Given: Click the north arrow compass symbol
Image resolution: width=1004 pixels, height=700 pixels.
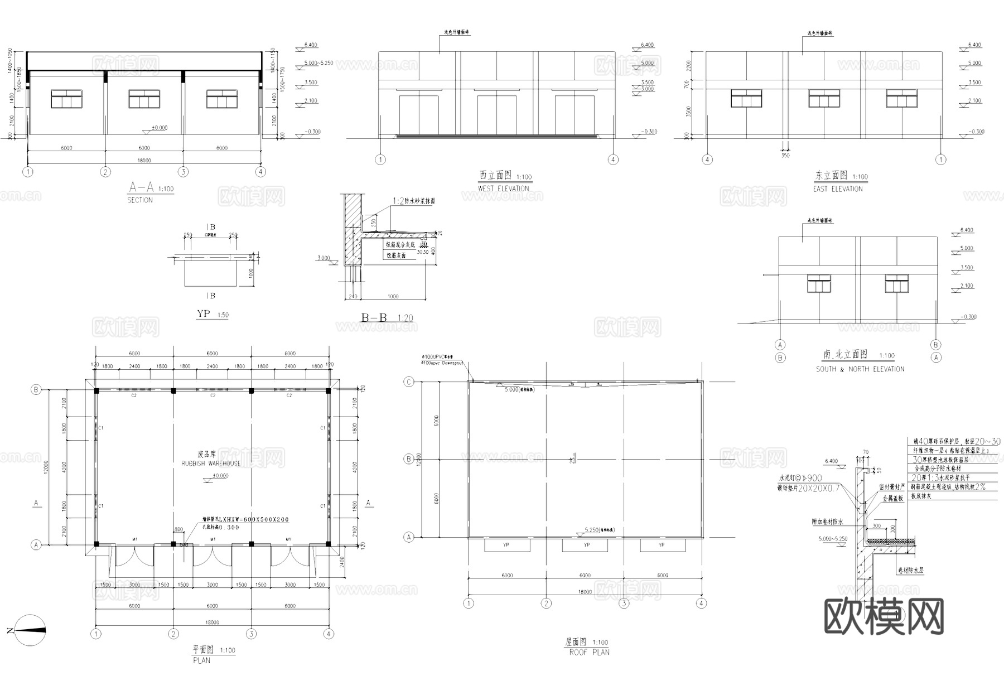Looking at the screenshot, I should point(30,630).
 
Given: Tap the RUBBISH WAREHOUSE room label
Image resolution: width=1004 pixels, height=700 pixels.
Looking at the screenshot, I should point(211,464).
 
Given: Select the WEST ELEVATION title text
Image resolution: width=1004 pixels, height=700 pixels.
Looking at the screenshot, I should point(503,189).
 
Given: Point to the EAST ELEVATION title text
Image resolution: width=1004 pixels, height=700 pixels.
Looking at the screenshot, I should point(837,189).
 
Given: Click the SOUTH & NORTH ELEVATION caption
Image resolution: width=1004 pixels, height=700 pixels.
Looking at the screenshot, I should point(860,369).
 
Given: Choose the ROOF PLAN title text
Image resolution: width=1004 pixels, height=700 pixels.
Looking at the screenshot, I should point(589,652).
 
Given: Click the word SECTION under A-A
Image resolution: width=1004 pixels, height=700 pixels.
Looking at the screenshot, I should point(140,200).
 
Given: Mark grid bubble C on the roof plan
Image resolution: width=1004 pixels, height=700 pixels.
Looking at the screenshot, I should point(409,382).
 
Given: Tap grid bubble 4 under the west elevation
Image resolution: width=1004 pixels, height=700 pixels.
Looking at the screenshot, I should point(613,160).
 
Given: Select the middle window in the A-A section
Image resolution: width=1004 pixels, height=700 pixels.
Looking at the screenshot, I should point(144,99).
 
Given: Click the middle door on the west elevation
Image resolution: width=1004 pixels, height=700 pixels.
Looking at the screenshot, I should point(496,115).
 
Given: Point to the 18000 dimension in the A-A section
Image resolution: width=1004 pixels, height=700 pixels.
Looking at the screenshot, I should point(144,161).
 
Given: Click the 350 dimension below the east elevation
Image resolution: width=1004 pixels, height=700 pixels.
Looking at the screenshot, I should point(785,156).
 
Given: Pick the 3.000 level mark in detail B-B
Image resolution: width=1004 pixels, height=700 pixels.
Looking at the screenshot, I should point(324,258).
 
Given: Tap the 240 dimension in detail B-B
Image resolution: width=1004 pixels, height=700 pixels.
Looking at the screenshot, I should point(353,297).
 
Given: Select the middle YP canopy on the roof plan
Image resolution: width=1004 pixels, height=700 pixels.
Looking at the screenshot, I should point(585,545).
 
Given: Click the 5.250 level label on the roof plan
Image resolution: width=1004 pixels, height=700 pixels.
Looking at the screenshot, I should point(591,529).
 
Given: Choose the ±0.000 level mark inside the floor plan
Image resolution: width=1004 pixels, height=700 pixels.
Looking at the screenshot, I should point(220,476).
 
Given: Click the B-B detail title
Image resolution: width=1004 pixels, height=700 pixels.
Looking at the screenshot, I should point(374,318).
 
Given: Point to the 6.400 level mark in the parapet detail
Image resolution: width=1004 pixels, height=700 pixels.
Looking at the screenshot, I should point(831,461).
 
